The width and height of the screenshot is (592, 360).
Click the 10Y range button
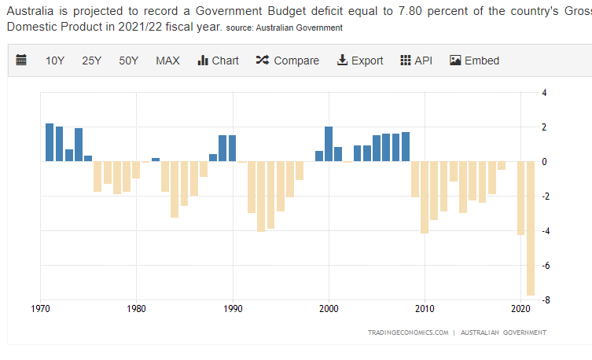55,61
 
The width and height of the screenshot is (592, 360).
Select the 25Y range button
92,61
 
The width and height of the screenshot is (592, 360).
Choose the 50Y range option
129,61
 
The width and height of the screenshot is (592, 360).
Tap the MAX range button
167,61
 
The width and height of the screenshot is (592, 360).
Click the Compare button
288,61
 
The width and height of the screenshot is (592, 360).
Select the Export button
360,61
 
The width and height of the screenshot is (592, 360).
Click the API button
417,61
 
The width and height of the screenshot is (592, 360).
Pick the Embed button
474,61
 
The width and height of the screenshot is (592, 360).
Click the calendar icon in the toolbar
21,61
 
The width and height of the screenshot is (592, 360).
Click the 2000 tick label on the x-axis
329,308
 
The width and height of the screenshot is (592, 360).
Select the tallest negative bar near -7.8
531,228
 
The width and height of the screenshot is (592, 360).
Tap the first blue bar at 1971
50,142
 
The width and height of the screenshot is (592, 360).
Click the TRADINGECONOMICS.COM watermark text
408,332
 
